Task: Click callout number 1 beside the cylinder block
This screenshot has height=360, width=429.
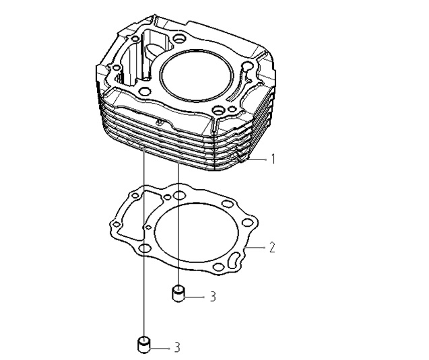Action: point(273,159)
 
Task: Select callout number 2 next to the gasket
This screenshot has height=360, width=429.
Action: point(272,247)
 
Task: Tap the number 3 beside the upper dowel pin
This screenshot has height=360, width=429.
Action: point(213,297)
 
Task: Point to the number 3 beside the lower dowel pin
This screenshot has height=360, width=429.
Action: point(177,348)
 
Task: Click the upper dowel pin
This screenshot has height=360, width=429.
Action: point(178,293)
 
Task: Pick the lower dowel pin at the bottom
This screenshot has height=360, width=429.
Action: point(143,345)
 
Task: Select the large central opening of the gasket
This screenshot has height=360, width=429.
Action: point(197,232)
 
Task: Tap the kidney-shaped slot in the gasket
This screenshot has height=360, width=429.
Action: point(233,261)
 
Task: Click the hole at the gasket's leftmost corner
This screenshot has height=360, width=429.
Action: point(117,225)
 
